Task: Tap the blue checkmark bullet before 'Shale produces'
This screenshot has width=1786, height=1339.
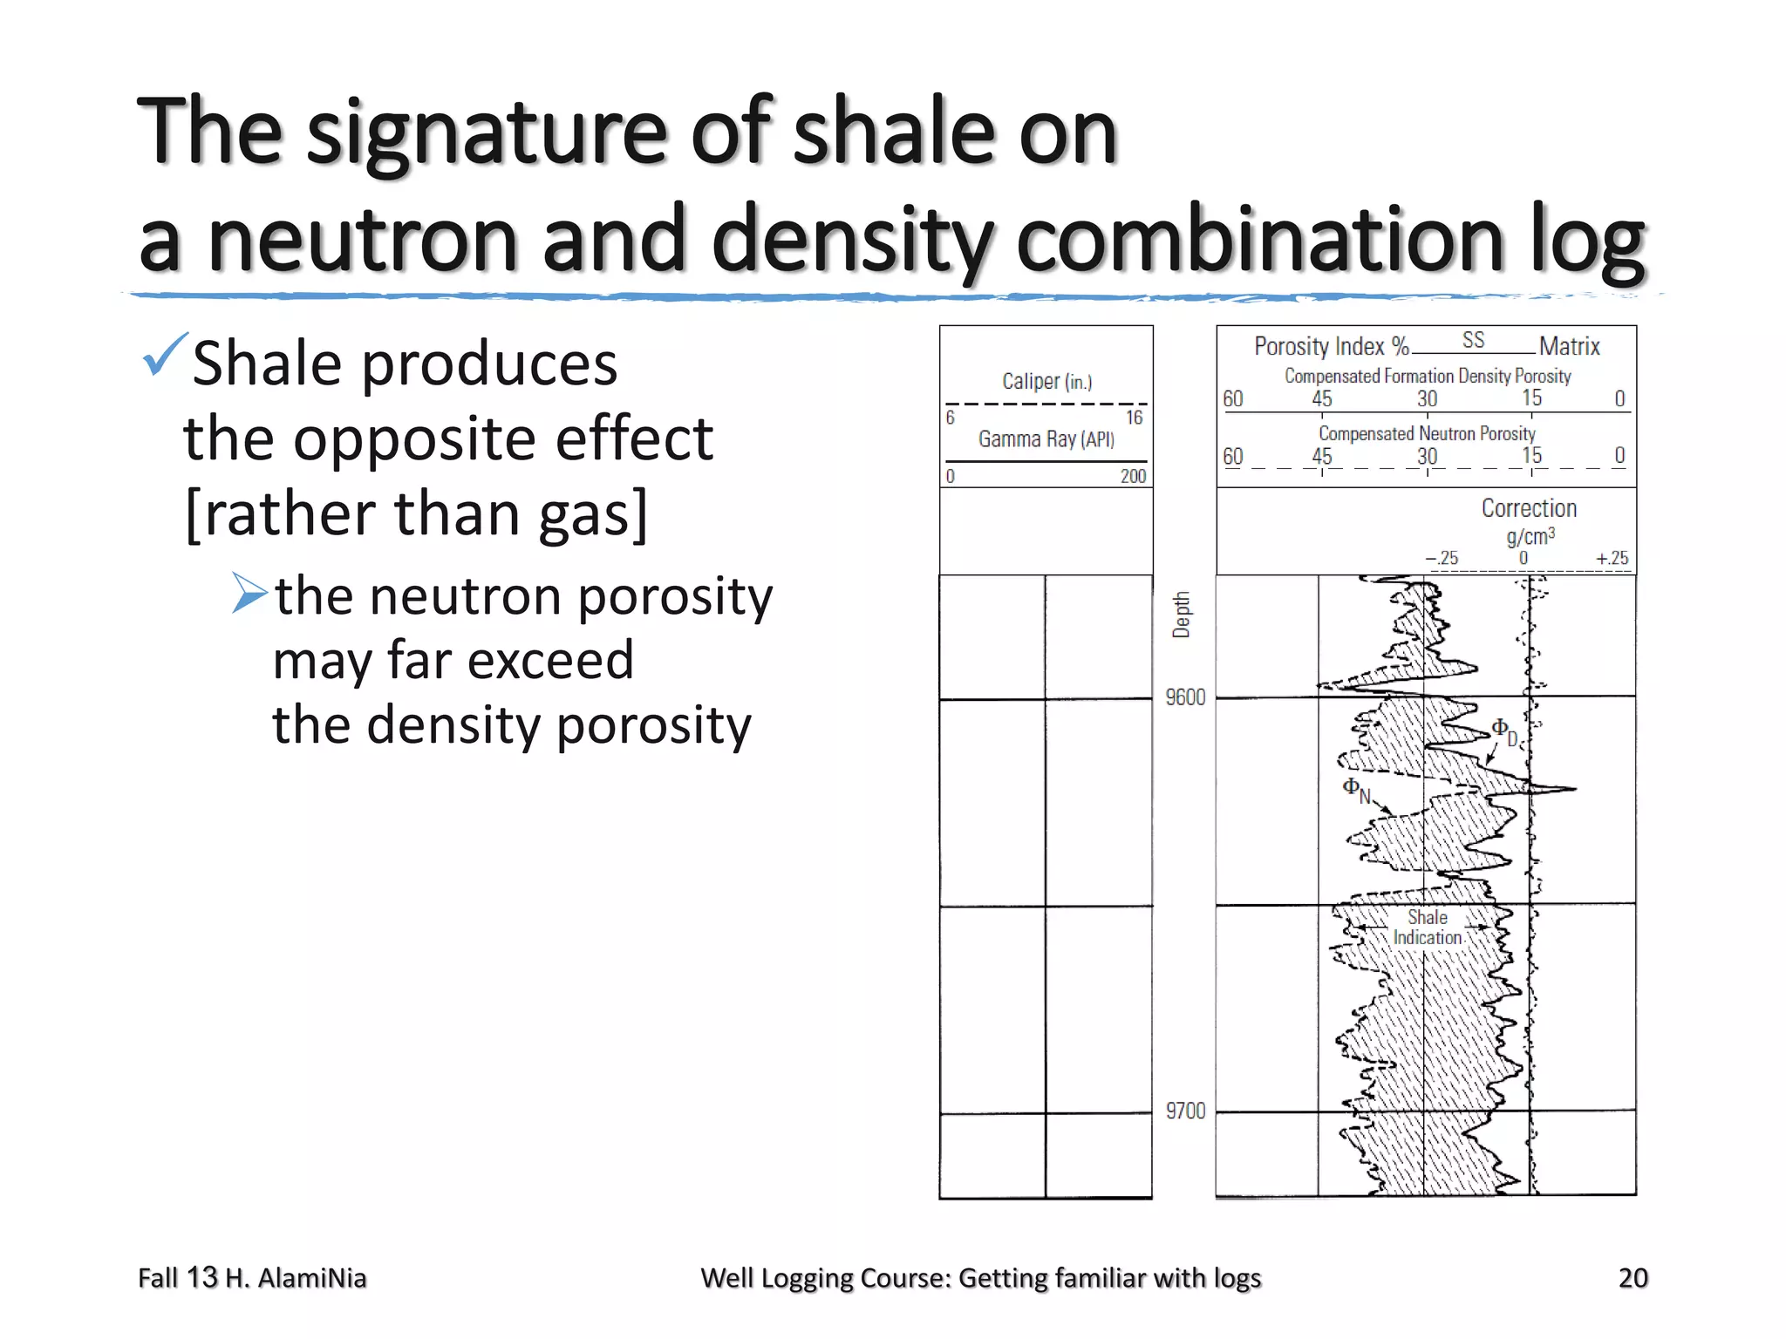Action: [164, 355]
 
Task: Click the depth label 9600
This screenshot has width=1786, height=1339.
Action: [1185, 697]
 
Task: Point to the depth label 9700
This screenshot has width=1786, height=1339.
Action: [1185, 1111]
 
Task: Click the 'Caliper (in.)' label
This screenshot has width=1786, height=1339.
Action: [1046, 381]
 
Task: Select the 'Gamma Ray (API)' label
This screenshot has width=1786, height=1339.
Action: [1046, 438]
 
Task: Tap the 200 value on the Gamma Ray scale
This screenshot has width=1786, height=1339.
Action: [1133, 476]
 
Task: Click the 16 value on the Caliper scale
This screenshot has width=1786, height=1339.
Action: [1133, 418]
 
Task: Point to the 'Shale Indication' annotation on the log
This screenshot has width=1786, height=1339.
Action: [1427, 928]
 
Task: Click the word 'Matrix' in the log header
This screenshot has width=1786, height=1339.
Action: [1569, 347]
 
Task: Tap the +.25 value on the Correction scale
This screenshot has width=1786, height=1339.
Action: [1612, 558]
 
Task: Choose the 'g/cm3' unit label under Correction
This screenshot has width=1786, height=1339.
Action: [1530, 536]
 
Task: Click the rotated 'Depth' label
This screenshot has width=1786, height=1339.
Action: [1181, 615]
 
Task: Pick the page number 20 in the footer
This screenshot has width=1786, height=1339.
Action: [1633, 1278]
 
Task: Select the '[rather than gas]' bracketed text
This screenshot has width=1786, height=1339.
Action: [417, 513]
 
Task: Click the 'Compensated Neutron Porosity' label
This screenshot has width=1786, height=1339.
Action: [1426, 433]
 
